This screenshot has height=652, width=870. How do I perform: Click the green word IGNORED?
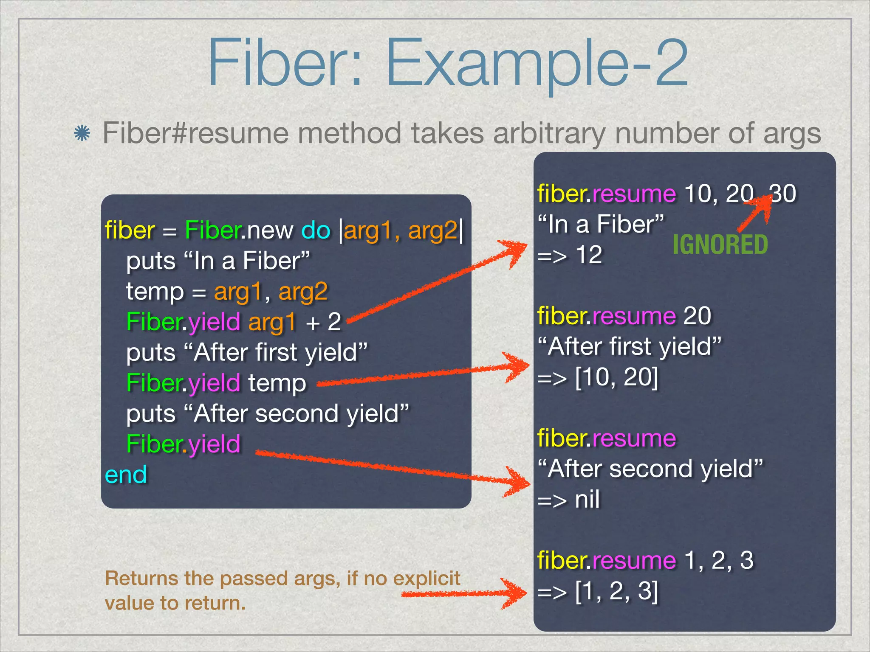[x=720, y=245]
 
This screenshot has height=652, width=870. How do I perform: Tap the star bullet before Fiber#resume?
[x=82, y=134]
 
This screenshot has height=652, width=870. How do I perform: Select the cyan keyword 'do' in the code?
[x=316, y=230]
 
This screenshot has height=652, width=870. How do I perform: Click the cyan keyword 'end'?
[x=126, y=475]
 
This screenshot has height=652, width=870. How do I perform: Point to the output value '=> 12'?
[x=570, y=255]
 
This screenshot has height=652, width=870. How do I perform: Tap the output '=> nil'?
[x=568, y=500]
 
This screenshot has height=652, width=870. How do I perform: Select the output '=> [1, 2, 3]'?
[x=598, y=591]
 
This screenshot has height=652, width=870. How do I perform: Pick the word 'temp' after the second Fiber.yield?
[x=277, y=383]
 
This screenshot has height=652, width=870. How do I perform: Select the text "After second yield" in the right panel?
[x=650, y=469]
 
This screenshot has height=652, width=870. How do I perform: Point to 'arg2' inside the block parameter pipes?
[x=432, y=230]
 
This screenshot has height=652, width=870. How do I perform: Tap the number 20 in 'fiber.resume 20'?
[x=697, y=316]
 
